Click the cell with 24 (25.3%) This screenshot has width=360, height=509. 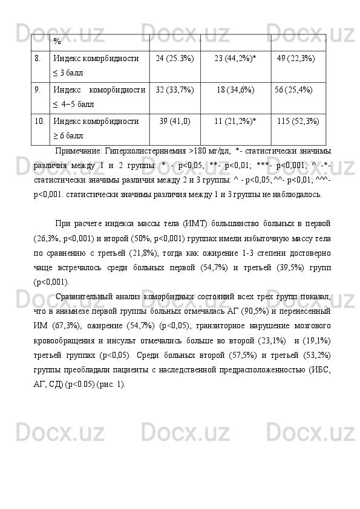pyautogui.click(x=175, y=59)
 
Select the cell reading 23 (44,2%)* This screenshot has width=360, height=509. pyautogui.click(x=235, y=59)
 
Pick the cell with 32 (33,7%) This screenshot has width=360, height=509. pyautogui.click(x=175, y=90)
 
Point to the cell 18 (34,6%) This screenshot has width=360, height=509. pyautogui.click(x=235, y=90)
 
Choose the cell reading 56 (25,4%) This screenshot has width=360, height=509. pyautogui.click(x=294, y=90)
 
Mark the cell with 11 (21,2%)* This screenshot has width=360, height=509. pyautogui.click(x=235, y=122)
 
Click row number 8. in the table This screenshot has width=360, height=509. pyautogui.click(x=38, y=59)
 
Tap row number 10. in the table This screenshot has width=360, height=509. pyautogui.click(x=39, y=122)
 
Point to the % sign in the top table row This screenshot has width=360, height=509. pyautogui.click(x=56, y=42)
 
